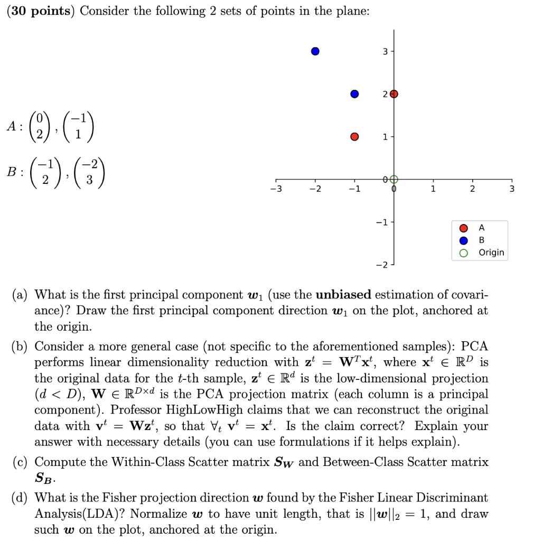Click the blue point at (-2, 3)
tap(315, 51)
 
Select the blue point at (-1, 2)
tap(354, 94)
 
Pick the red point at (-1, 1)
tap(354, 137)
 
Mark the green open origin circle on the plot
tap(394, 179)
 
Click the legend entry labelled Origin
tap(491, 253)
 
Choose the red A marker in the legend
tap(463, 228)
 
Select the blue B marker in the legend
tap(463, 240)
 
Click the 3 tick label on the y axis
tap(385, 51)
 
